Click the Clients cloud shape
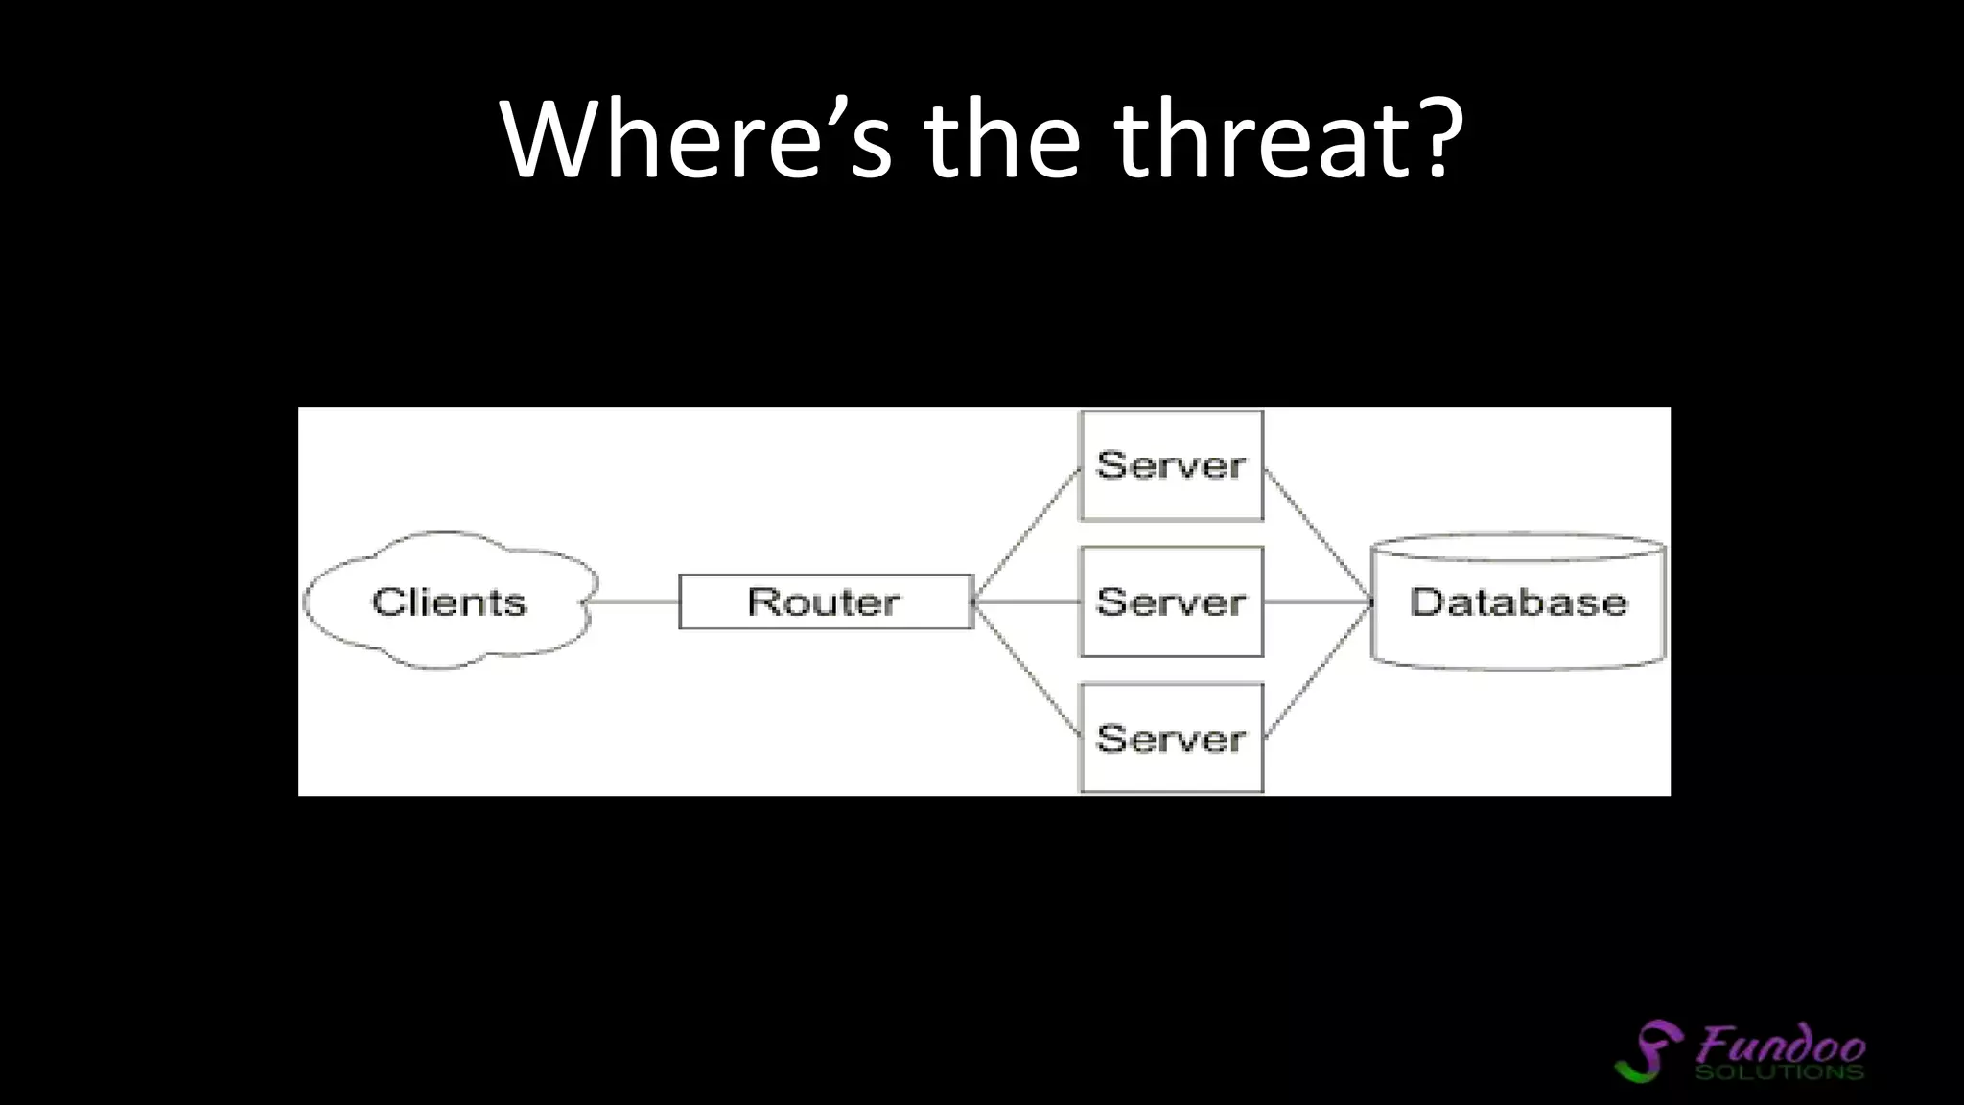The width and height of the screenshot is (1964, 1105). [449, 601]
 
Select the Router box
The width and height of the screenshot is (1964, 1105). [825, 601]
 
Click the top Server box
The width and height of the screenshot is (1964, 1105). [1171, 465]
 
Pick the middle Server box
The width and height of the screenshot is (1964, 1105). [1171, 601]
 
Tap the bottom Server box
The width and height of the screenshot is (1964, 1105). [1171, 738]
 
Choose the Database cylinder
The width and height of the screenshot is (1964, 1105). [1518, 601]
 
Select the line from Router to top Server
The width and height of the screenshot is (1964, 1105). [1027, 533]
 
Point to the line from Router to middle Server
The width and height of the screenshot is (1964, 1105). [1027, 601]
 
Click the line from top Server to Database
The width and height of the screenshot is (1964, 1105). [1319, 535]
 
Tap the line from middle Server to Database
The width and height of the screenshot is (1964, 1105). [1319, 601]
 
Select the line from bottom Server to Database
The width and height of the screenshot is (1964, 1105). [1319, 669]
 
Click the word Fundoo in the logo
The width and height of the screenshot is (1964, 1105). [1782, 1044]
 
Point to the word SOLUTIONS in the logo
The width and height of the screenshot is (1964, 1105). [1780, 1070]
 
